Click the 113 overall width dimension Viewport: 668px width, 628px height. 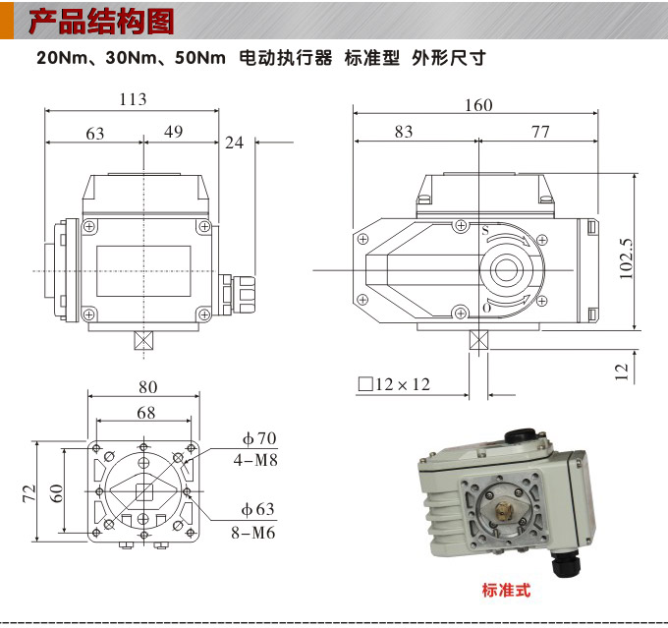133,99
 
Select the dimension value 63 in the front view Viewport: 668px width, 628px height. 95,134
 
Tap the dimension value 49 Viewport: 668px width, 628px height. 174,133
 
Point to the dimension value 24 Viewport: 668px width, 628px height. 234,143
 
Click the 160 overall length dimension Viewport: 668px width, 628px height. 478,106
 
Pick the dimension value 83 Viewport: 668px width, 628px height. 403,133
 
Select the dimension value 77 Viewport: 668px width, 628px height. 540,133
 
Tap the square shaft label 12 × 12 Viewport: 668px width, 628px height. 395,384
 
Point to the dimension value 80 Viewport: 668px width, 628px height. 147,386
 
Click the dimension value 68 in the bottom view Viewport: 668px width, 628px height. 145,414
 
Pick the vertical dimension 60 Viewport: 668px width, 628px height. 59,492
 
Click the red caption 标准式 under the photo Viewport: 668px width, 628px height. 506,591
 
